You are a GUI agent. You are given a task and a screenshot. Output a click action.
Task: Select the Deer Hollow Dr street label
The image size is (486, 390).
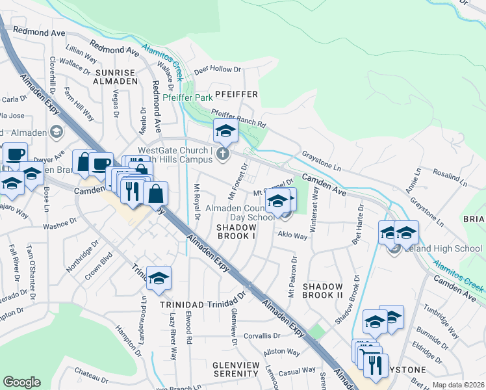coord(218,68)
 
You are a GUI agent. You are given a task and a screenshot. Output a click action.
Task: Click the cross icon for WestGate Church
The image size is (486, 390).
coord(223,155)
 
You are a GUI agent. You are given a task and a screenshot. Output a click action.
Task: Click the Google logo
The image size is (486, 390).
coord(21,382)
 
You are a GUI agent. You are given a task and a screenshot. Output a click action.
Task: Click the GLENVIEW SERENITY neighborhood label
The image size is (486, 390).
coord(236,369)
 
